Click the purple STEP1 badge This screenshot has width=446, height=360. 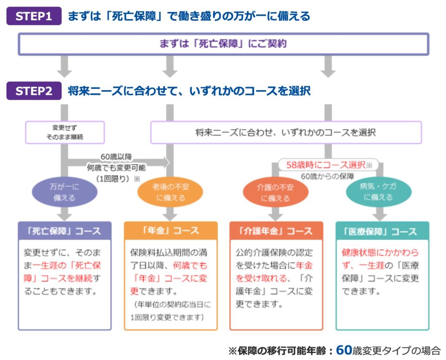[x=34, y=16]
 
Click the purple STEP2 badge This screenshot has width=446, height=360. [x=34, y=91]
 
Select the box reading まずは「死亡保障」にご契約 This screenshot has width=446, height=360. [x=223, y=44]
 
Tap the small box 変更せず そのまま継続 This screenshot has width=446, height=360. [x=65, y=132]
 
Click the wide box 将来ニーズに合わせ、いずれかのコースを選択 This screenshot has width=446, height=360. [x=286, y=132]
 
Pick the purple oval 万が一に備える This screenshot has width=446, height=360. [x=65, y=192]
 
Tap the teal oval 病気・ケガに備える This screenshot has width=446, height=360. [x=378, y=192]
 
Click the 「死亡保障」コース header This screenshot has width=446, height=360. [x=65, y=231]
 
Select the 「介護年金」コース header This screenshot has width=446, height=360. [x=276, y=231]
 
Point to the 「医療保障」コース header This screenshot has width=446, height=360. [x=382, y=231]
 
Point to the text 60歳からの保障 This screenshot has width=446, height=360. [x=326, y=176]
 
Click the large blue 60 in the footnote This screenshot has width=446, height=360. [x=343, y=350]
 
